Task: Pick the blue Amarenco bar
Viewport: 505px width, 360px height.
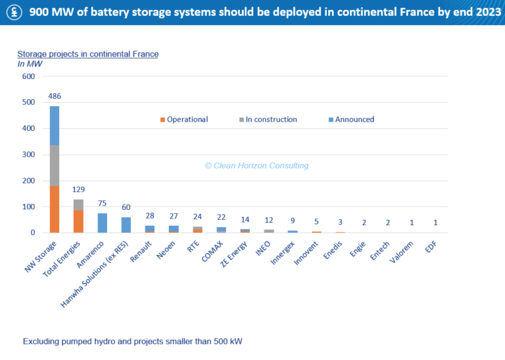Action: point(103,223)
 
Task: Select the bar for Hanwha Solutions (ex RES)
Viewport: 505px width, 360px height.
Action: point(126,225)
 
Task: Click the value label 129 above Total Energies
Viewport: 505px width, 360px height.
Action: point(79,190)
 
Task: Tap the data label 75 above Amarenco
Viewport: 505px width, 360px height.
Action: point(103,203)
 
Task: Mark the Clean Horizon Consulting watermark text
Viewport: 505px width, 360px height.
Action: point(256,166)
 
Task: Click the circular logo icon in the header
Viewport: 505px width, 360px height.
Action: point(13,12)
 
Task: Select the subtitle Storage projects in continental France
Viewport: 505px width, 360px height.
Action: point(87,54)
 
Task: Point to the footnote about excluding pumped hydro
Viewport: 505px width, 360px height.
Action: point(133,342)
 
